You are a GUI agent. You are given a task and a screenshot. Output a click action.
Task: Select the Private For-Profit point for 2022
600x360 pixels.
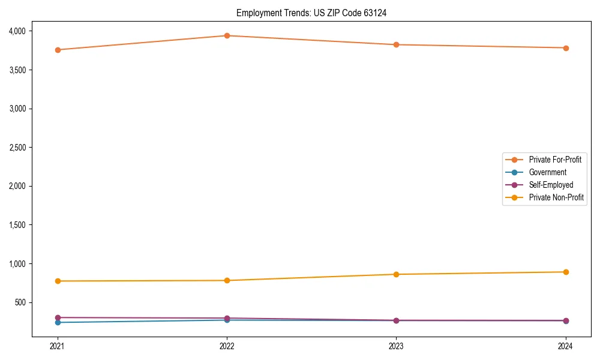pyautogui.click(x=227, y=35)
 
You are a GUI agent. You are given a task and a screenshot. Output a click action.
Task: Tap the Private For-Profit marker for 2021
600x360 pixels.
pyautogui.click(x=58, y=50)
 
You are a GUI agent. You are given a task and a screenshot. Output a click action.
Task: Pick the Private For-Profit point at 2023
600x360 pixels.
pyautogui.click(x=397, y=44)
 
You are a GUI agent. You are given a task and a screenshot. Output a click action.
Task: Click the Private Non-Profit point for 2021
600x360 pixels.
pyautogui.click(x=58, y=281)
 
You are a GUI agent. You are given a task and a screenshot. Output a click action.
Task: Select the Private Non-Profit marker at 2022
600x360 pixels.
pyautogui.click(x=227, y=280)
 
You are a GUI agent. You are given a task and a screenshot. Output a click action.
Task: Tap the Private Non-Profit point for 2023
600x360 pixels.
pyautogui.click(x=397, y=274)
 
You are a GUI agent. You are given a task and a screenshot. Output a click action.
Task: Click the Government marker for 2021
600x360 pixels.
pyautogui.click(x=58, y=322)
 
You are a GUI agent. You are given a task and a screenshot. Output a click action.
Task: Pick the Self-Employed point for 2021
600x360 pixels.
pyautogui.click(x=58, y=317)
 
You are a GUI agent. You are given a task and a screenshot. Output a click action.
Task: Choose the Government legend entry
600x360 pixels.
pyautogui.click(x=547, y=172)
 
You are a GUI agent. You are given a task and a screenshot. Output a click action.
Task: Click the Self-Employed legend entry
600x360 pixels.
pyautogui.click(x=551, y=185)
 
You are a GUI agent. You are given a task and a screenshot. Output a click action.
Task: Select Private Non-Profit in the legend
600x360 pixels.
pyautogui.click(x=556, y=197)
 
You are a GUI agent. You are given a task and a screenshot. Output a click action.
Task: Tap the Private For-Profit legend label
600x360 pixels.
pyautogui.click(x=555, y=160)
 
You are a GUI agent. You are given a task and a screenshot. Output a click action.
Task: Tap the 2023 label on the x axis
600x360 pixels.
pyautogui.click(x=397, y=346)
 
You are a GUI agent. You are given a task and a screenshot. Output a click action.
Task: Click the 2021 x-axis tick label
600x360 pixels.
pyautogui.click(x=58, y=346)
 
